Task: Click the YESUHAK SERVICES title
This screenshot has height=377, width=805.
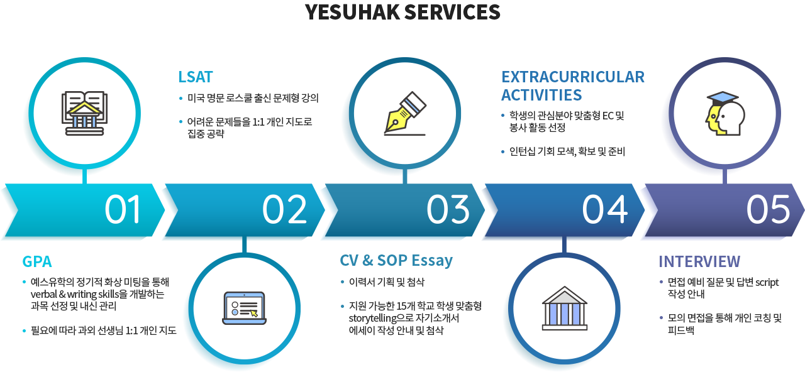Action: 402,12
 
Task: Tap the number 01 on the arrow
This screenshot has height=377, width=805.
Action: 123,210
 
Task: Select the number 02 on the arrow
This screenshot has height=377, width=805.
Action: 284,210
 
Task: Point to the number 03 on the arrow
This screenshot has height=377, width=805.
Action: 448,210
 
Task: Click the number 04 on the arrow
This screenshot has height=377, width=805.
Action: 605,210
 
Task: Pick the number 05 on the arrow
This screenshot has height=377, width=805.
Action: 768,210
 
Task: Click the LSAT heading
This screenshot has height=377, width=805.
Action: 196,77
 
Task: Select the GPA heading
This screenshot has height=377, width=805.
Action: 37,261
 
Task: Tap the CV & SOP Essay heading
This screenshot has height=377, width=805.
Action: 396,261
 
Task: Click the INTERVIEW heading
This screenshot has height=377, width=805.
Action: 699,261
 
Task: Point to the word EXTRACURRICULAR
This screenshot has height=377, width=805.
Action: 573,77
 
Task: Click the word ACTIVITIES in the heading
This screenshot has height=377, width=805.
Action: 541,95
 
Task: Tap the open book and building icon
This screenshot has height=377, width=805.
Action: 84,113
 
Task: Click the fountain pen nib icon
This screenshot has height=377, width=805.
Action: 405,113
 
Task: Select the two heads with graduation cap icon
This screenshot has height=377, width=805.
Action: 725,114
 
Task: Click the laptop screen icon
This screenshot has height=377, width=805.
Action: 245,308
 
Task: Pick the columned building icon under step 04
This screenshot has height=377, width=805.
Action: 565,308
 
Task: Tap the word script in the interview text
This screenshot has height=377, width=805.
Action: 767,283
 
